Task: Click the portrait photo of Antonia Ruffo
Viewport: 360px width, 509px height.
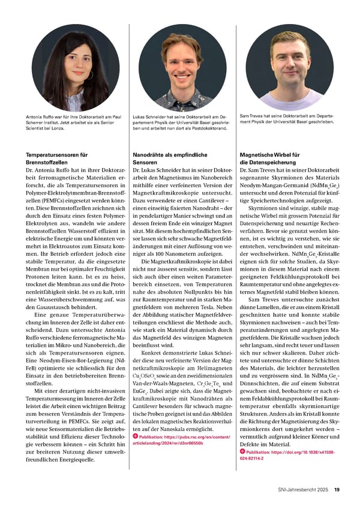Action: click(75, 67)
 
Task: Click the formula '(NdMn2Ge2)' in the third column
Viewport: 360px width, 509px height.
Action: click(326, 187)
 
